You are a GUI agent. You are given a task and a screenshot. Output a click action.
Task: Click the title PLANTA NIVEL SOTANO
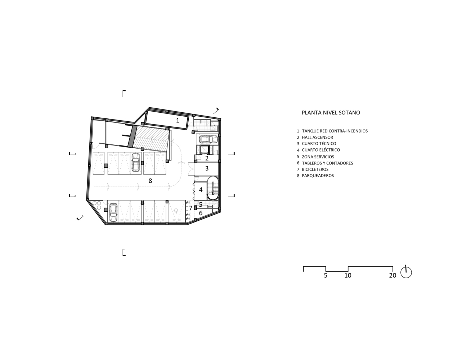pyautogui.click(x=331, y=113)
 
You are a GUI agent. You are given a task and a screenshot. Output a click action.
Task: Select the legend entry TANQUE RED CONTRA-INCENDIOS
pyautogui.click(x=335, y=131)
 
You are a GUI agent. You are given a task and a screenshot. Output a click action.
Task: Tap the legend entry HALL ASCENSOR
pyautogui.click(x=317, y=137)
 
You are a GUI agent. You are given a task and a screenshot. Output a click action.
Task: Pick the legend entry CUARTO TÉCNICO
pyautogui.click(x=319, y=144)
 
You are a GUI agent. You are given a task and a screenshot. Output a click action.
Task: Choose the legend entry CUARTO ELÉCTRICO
pyautogui.click(x=321, y=150)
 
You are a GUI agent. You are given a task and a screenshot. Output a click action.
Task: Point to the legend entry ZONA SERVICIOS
pyautogui.click(x=318, y=157)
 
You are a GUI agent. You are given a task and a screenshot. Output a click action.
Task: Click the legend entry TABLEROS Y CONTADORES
pyautogui.click(x=327, y=163)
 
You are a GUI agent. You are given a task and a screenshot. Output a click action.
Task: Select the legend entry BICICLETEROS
pyautogui.click(x=315, y=170)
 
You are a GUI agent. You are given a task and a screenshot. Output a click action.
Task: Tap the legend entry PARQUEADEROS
pyautogui.click(x=318, y=176)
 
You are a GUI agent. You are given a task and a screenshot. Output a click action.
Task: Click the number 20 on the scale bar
pyautogui.click(x=393, y=275)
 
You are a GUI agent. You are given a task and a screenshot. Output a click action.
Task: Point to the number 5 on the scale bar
pyautogui.click(x=326, y=275)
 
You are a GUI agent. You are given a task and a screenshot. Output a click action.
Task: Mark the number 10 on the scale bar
pyautogui.click(x=348, y=275)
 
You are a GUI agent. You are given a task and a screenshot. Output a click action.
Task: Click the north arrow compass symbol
pyautogui.click(x=406, y=272)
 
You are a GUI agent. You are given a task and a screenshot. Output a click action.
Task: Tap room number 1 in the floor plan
pyautogui.click(x=178, y=120)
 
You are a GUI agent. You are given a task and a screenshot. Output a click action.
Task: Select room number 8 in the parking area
pyautogui.click(x=150, y=181)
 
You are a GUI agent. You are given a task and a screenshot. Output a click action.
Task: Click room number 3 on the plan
pyautogui.click(x=207, y=168)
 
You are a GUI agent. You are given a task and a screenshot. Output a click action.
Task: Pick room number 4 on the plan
pyautogui.click(x=201, y=189)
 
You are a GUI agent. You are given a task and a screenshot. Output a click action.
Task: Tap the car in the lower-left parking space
pyautogui.click(x=113, y=212)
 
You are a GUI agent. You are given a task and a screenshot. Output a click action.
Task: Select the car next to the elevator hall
pyautogui.click(x=207, y=139)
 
